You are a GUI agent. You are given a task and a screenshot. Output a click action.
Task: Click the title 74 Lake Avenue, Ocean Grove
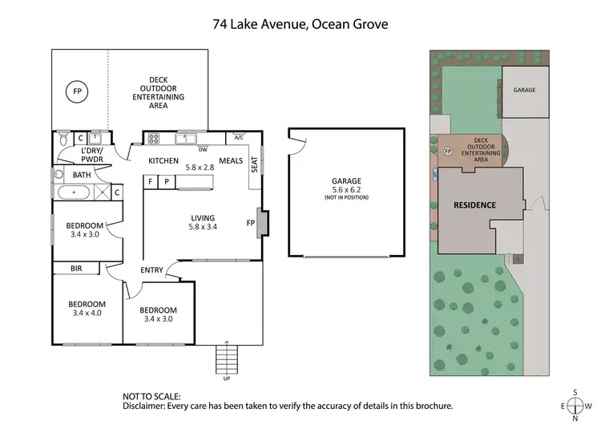[x=300, y=24]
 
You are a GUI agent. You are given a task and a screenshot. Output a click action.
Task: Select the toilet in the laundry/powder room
[x=64, y=142]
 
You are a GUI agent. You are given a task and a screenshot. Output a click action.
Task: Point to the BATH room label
[x=82, y=174]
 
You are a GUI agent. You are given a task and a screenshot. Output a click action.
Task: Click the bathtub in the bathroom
[x=75, y=192]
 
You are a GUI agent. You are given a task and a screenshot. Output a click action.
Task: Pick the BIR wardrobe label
[x=77, y=269]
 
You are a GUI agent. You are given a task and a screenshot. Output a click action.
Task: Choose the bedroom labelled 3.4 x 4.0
[x=87, y=309]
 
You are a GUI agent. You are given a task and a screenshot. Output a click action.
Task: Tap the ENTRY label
[x=151, y=269]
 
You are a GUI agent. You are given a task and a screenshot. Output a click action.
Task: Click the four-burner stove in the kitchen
[x=153, y=138]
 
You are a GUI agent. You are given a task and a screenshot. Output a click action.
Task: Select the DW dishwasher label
[x=203, y=149]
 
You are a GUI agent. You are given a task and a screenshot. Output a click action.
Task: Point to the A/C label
[x=238, y=138]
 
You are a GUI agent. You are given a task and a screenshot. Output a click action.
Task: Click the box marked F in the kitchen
[x=151, y=182]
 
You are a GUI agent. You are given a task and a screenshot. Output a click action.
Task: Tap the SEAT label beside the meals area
[x=255, y=164]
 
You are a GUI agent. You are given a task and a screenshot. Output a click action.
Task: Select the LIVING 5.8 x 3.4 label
[x=203, y=221]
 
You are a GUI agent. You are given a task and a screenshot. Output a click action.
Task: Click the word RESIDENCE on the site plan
[x=474, y=204]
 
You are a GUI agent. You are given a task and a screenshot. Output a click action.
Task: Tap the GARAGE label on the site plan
[x=525, y=91]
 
